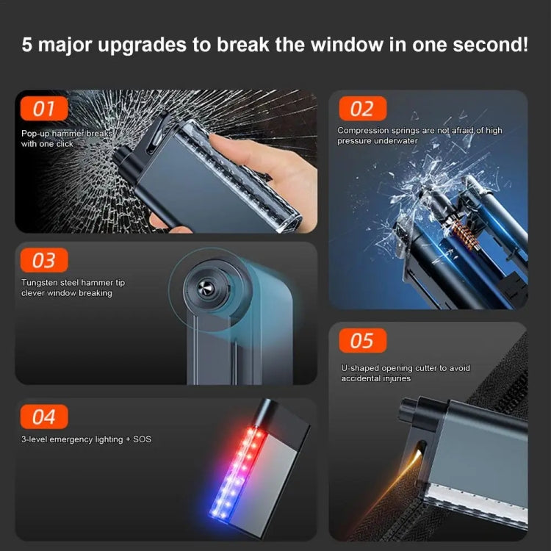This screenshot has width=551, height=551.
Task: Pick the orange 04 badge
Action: click(x=44, y=417)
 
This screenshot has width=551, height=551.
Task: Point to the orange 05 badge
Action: click(x=361, y=340)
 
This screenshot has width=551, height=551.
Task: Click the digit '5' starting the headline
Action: click(x=27, y=45)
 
